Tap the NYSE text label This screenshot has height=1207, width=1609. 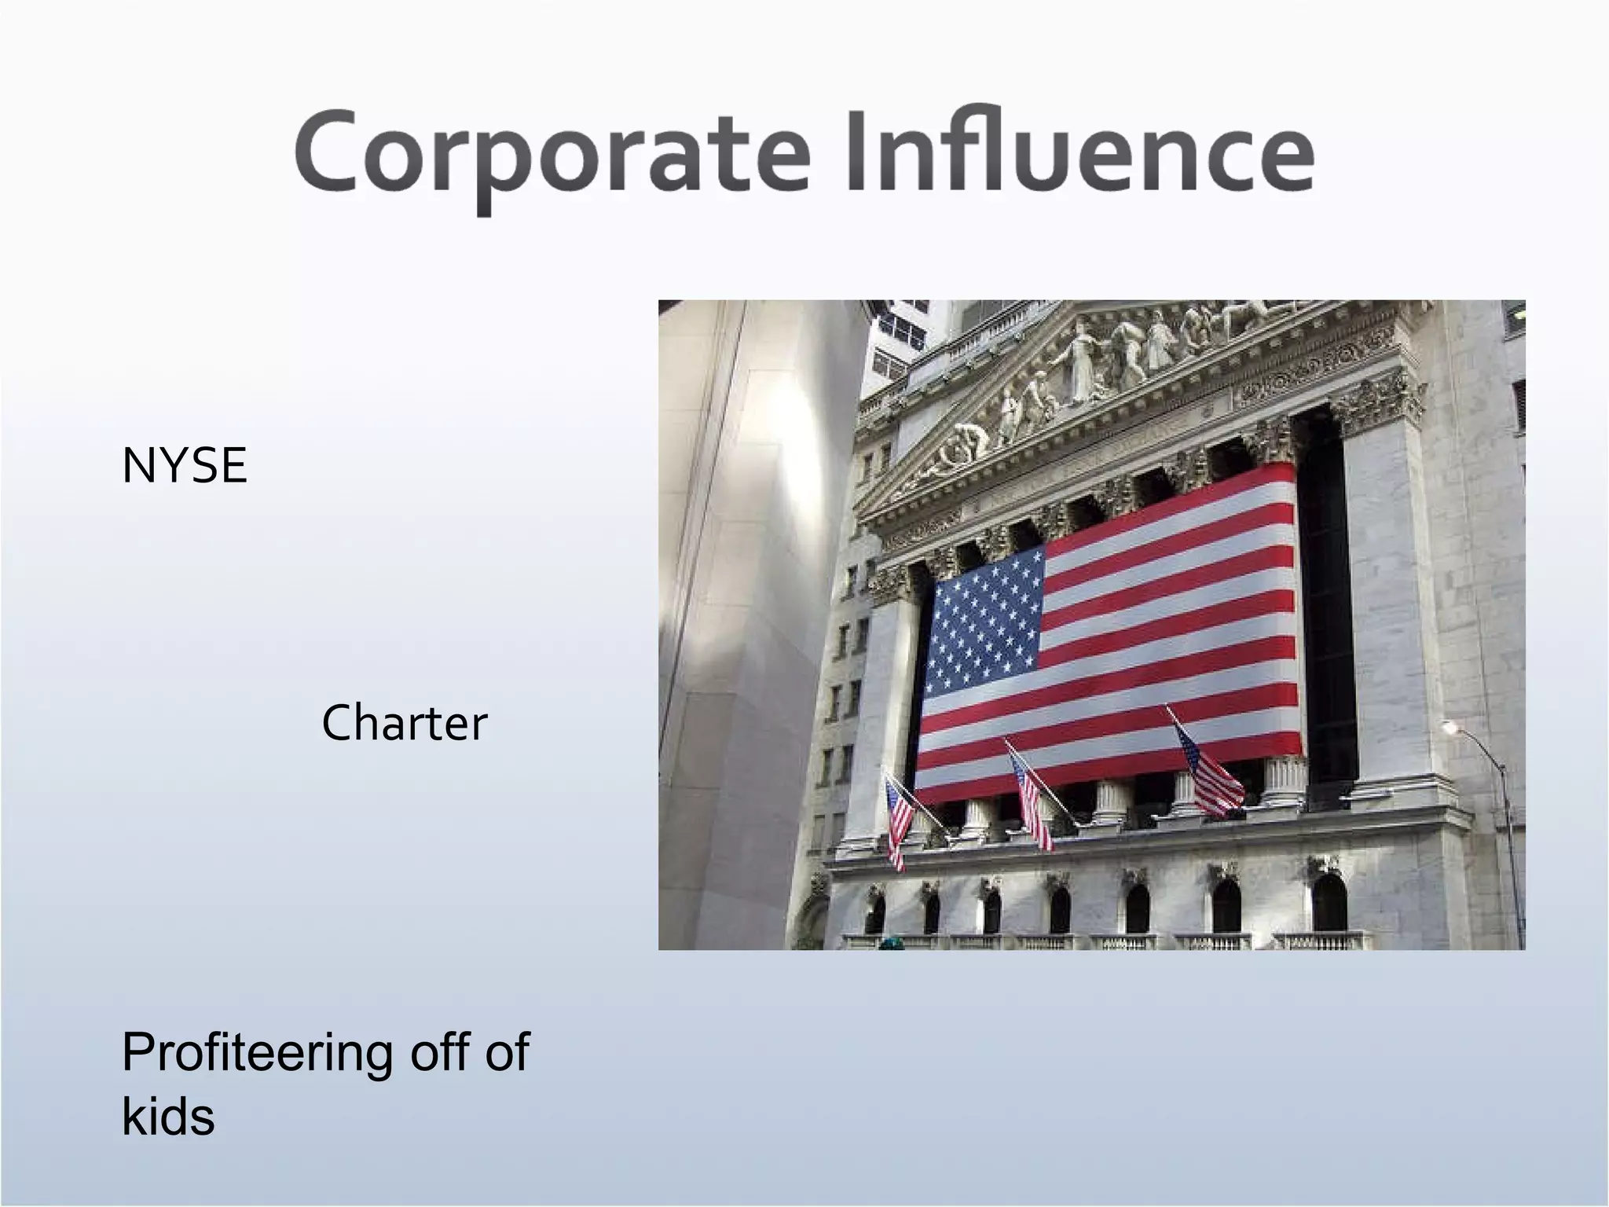pos(185,465)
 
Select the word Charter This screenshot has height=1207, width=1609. pos(405,723)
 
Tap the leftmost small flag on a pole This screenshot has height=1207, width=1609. pos(897,821)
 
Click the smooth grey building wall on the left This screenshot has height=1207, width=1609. pos(731,629)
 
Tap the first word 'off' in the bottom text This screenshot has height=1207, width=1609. pos(435,1053)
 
